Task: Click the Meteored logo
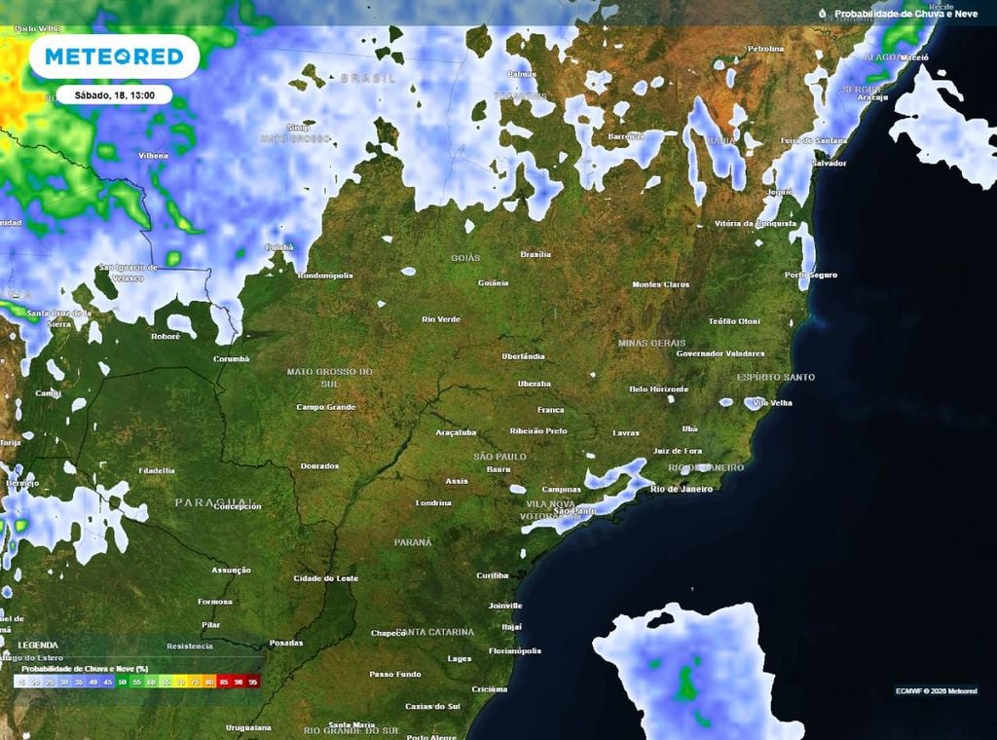114,56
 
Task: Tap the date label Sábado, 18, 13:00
113,95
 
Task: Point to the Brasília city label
535,254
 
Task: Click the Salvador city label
829,163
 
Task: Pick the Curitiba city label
493,575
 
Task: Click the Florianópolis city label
514,650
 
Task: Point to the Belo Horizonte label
659,388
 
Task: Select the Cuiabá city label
279,247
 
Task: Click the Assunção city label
232,570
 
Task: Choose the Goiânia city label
494,282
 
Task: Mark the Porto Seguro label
811,275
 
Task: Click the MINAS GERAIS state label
651,343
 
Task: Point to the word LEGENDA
37,645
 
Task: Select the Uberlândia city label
524,356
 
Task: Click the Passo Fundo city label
395,674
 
